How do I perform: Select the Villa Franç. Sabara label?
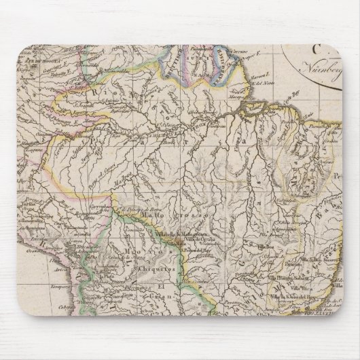click(x=300, y=275)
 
